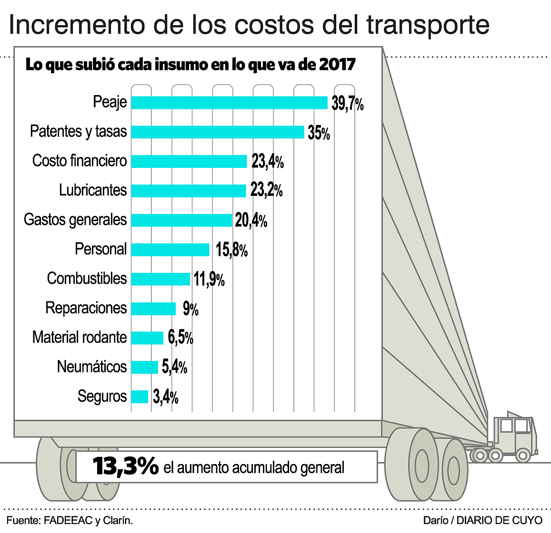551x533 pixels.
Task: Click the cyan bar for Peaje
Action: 229,103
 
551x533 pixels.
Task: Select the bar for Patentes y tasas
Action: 217,132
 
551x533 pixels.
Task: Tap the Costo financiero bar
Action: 189,162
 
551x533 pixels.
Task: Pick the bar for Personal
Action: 170,250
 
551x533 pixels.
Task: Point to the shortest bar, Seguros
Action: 140,397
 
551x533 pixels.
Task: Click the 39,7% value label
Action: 348,103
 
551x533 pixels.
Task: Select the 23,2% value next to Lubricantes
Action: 266,191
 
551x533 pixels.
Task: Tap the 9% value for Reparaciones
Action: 190,309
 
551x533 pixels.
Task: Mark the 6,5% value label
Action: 180,338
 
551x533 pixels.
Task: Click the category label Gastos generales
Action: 75,220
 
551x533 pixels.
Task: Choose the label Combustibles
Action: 87,279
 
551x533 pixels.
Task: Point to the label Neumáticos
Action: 92,367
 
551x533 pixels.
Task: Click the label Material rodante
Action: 80,338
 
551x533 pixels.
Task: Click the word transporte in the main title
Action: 428,25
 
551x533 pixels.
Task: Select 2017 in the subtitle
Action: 337,65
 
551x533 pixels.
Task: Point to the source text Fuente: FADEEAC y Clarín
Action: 70,521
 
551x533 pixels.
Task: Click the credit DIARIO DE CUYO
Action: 499,521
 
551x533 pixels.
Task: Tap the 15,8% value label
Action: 231,250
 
